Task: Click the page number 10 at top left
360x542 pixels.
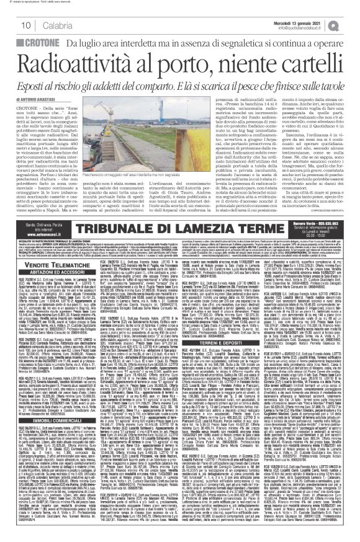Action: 11,24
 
